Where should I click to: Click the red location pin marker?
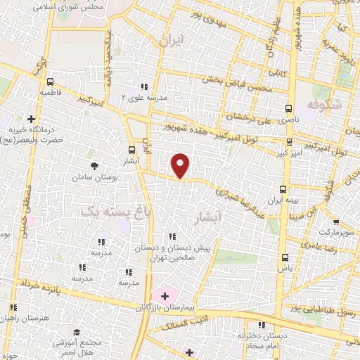tap(181, 165)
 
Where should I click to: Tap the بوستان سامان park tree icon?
tap(94, 166)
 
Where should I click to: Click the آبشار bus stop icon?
tap(132, 150)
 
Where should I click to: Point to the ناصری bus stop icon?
tap(288, 109)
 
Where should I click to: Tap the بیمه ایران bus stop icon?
tap(283, 189)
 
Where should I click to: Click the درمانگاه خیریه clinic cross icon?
tap(31, 119)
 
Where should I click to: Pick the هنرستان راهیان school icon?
tap(13, 307)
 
